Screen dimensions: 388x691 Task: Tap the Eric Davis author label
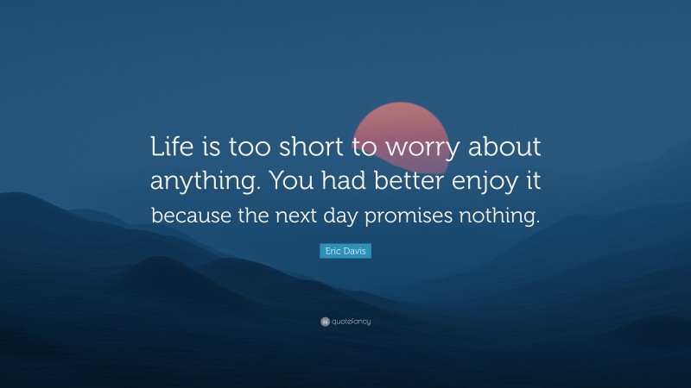(x=345, y=251)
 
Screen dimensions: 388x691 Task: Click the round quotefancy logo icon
(x=325, y=322)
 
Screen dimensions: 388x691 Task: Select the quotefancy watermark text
(x=351, y=322)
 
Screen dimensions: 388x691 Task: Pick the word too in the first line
(x=248, y=147)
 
